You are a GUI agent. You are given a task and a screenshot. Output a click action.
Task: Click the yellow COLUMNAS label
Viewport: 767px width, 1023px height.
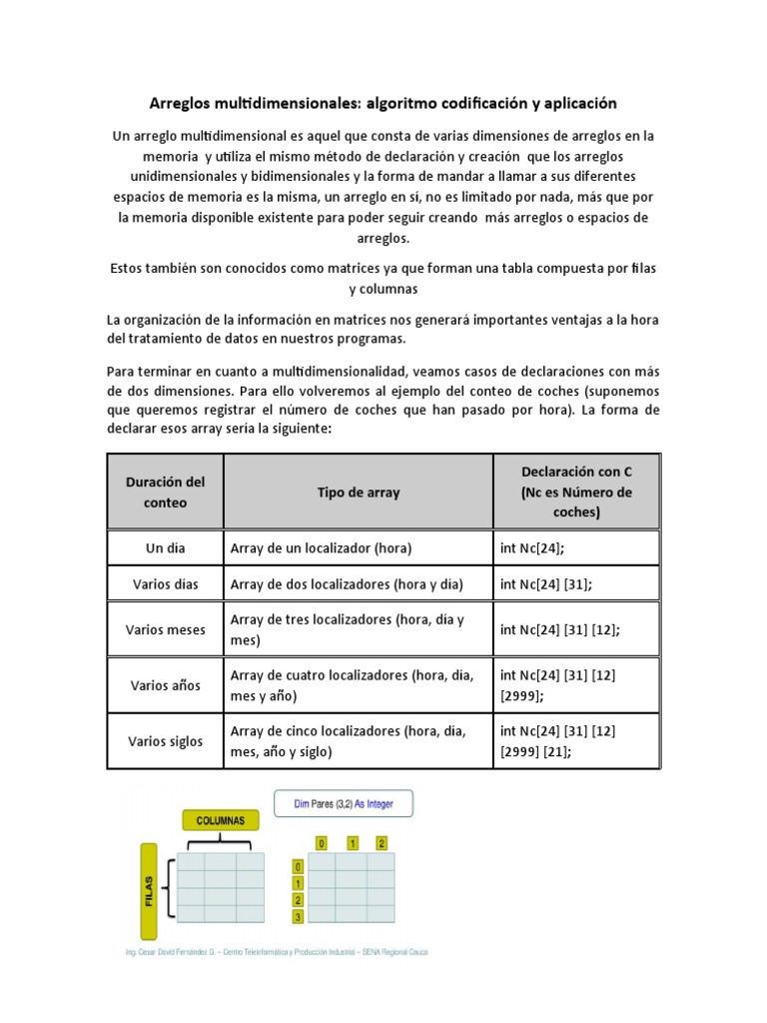tap(220, 820)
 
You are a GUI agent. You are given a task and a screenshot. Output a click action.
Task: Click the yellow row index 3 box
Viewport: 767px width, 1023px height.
tap(296, 917)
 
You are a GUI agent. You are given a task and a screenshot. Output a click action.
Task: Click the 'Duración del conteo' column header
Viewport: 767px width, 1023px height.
tap(165, 492)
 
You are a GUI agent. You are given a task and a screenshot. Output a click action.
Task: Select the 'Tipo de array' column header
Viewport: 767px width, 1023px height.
tap(358, 492)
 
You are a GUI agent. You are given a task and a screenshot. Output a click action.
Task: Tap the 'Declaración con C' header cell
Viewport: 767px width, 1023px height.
tap(576, 492)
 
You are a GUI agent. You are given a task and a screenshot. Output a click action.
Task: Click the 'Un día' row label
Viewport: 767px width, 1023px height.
tap(165, 548)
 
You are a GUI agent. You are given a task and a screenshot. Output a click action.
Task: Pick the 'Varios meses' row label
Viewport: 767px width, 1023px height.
tap(165, 629)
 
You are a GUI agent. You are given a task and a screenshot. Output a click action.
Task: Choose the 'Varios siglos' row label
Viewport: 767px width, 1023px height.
tap(165, 741)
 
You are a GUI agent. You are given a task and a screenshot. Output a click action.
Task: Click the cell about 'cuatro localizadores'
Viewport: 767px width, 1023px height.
tap(358, 685)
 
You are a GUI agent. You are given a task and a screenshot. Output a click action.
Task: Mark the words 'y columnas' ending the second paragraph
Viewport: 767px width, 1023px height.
tap(383, 289)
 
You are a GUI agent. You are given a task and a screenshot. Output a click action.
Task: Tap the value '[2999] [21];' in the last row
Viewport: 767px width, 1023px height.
tap(535, 752)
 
